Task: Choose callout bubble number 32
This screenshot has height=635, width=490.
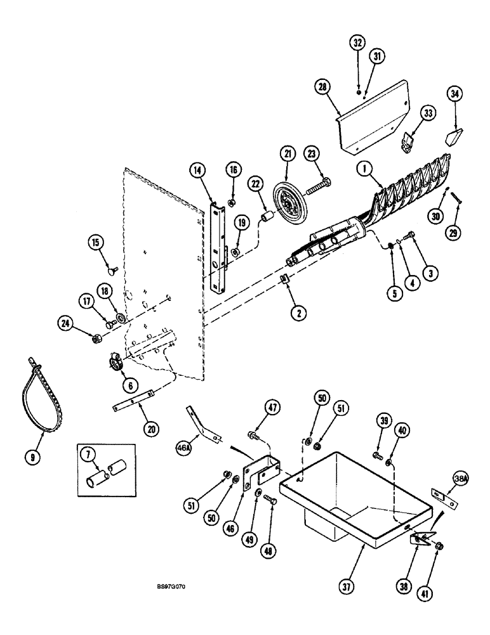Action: click(357, 44)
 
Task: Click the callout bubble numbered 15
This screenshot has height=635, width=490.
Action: click(95, 243)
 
